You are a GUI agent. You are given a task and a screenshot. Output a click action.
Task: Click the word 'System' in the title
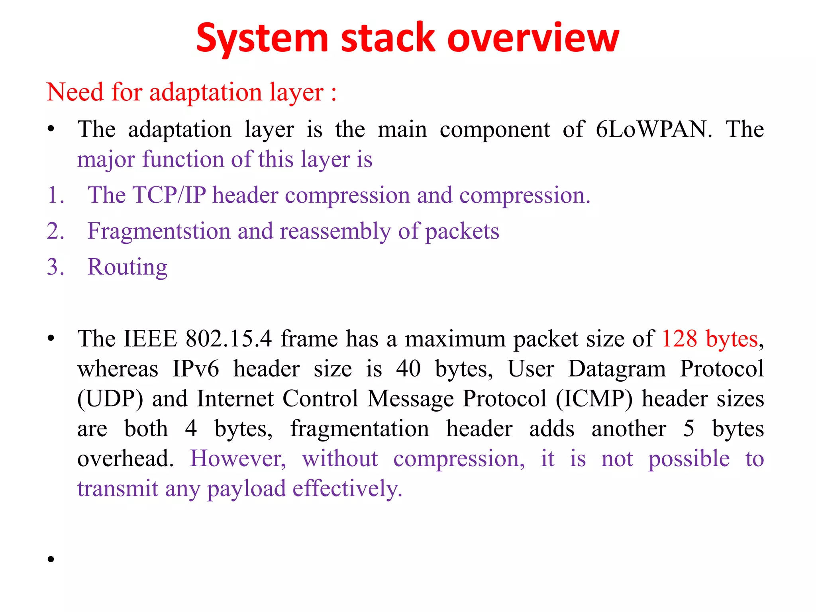tap(262, 39)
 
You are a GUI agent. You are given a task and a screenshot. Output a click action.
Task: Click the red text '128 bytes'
tap(709, 339)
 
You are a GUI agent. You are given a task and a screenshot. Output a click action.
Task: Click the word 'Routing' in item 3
tap(127, 267)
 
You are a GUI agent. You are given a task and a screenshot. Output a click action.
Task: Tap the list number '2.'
tap(55, 231)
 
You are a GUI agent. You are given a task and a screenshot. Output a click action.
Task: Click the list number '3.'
tap(55, 267)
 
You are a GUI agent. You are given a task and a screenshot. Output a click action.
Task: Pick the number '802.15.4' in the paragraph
tap(229, 339)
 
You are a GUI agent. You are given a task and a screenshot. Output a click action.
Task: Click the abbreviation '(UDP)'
tap(110, 399)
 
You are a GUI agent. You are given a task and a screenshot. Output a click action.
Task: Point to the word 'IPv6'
tap(196, 369)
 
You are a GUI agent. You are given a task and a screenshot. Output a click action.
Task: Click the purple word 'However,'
tap(238, 459)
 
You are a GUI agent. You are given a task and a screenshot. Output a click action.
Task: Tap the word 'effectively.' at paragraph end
tap(347, 489)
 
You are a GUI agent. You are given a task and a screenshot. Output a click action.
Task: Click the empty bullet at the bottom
tap(51, 559)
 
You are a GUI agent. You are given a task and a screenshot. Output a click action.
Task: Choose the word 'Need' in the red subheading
tap(75, 92)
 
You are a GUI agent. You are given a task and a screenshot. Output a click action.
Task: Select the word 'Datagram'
tap(617, 369)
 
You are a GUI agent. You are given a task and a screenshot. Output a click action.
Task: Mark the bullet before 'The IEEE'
tap(51, 339)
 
